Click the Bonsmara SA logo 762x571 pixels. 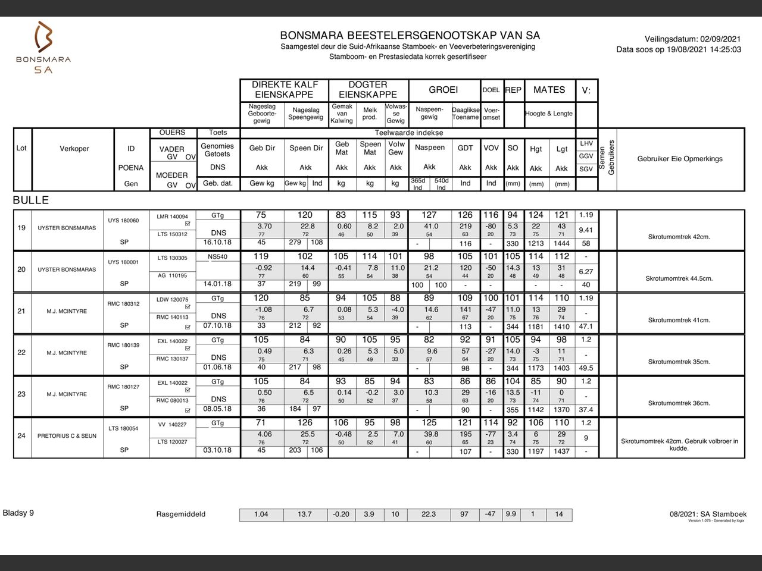click(43, 48)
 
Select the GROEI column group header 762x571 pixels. click(444, 90)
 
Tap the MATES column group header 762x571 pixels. click(549, 90)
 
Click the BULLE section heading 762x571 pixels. click(31, 200)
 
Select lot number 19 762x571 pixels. click(21, 227)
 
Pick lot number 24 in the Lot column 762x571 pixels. click(21, 435)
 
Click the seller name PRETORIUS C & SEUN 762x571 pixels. click(67, 436)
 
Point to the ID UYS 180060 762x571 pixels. click(124, 221)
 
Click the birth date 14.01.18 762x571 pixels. click(217, 284)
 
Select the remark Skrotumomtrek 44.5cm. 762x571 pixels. click(679, 278)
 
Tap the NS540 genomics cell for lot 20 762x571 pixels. click(217, 257)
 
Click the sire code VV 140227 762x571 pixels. click(172, 425)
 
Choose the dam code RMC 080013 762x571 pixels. click(172, 400)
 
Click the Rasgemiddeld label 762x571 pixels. click(181, 514)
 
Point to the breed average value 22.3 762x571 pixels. click(429, 514)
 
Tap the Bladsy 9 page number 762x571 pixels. click(18, 513)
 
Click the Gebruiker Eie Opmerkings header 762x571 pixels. click(680, 159)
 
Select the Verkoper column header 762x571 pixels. click(74, 149)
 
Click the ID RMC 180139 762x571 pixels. click(124, 346)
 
